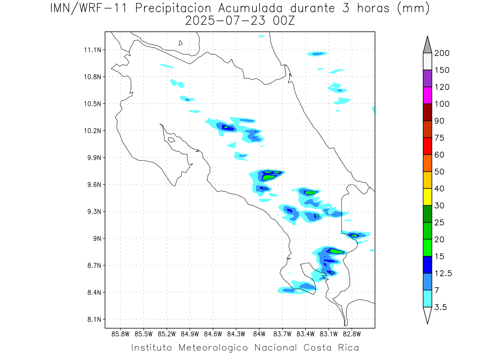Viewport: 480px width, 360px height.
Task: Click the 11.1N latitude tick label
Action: pos(92,50)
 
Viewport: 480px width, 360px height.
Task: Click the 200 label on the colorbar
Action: pos(442,53)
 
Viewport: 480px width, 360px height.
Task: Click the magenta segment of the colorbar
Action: pos(427,95)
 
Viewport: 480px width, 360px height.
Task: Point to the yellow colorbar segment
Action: pos(427,197)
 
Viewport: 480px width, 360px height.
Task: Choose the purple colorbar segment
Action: pos(427,78)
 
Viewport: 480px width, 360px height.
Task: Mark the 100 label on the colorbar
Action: pos(442,104)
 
